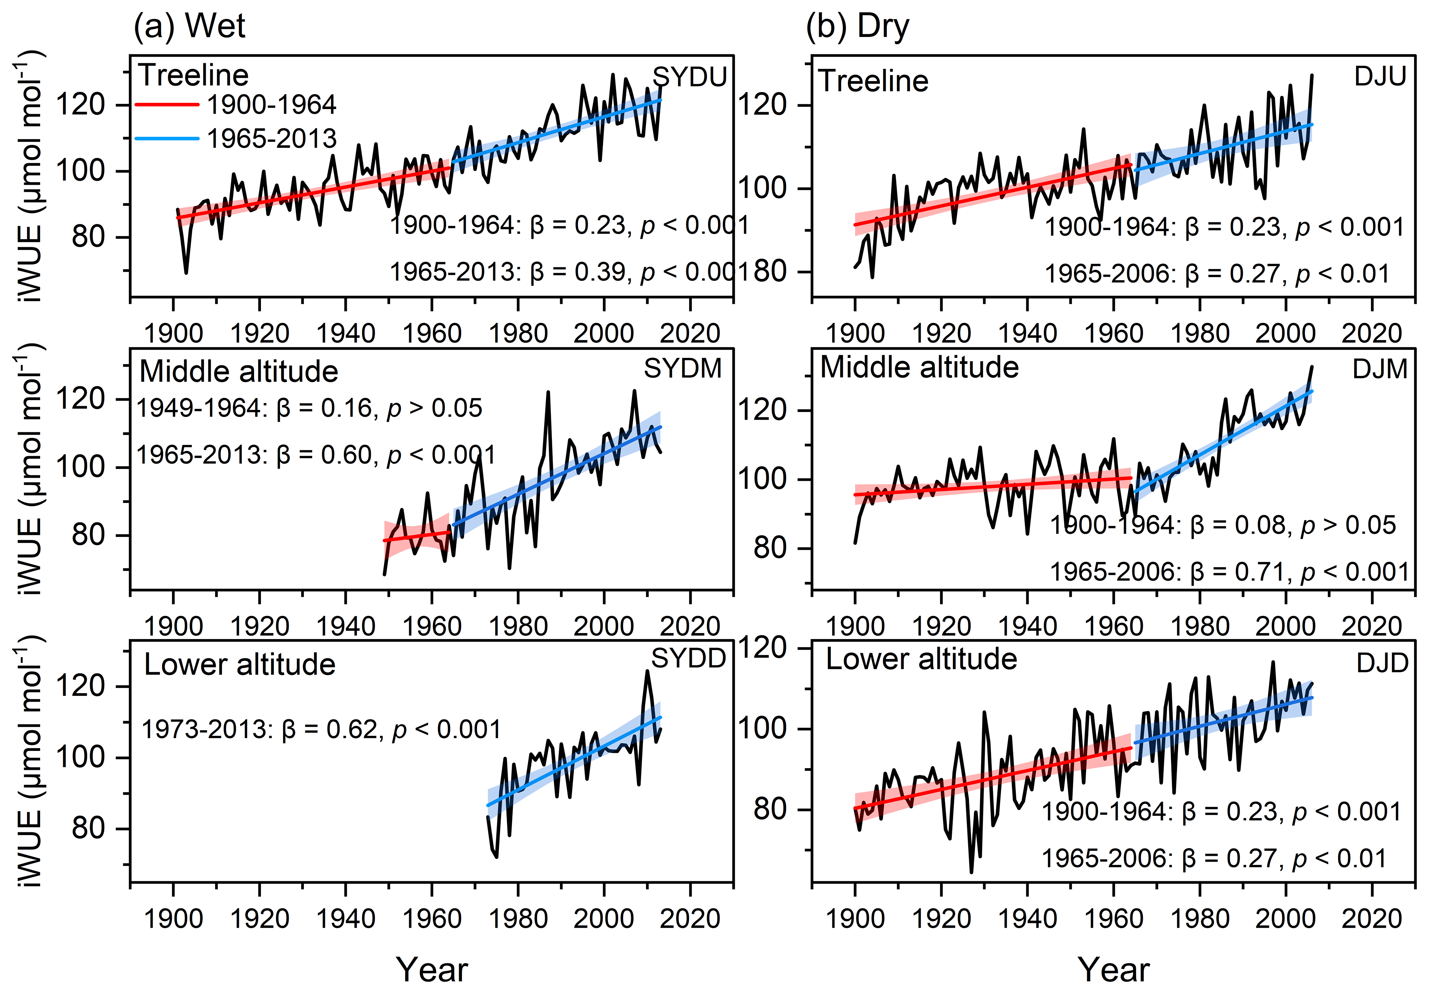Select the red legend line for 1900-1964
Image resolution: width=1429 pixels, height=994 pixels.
[x=167, y=105]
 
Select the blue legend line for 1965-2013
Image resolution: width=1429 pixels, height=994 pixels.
[x=167, y=138]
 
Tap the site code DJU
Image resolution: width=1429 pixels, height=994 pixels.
[x=1380, y=76]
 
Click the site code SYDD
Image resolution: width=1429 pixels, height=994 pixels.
[x=689, y=658]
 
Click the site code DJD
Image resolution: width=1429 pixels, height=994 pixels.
[x=1382, y=663]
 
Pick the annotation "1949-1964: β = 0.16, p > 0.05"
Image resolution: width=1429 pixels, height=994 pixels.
[x=309, y=408]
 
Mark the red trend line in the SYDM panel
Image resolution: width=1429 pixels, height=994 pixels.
[x=416, y=536]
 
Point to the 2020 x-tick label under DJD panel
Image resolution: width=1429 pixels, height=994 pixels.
[x=1371, y=918]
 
